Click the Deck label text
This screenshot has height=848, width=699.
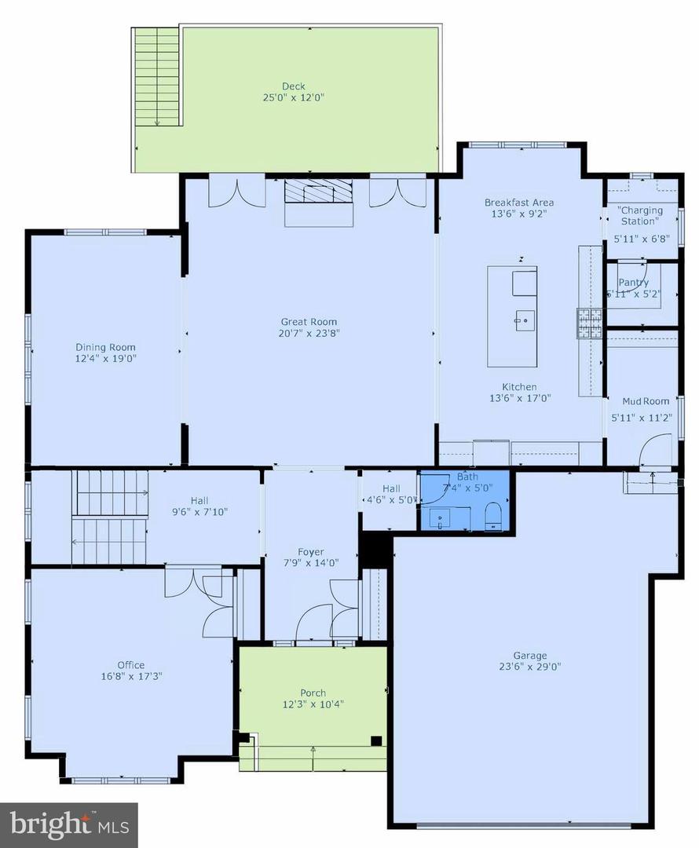tap(294, 86)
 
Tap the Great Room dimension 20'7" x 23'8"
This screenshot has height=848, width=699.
tap(309, 333)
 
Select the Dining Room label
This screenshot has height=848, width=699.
tap(105, 347)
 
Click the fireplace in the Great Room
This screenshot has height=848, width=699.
tap(319, 192)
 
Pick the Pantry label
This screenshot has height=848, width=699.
tap(633, 283)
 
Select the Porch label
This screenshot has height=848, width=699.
tap(313, 693)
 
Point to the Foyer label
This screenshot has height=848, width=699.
tap(311, 552)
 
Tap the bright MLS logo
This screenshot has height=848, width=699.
tap(69, 824)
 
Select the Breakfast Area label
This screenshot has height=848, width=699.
tap(519, 203)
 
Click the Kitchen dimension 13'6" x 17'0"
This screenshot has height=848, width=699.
tap(519, 398)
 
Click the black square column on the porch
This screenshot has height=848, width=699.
tap(376, 740)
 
